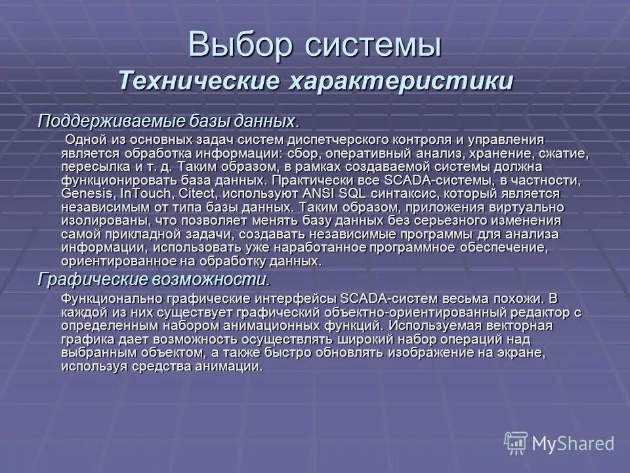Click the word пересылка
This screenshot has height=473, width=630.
point(93,167)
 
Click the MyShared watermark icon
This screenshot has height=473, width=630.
point(516,442)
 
